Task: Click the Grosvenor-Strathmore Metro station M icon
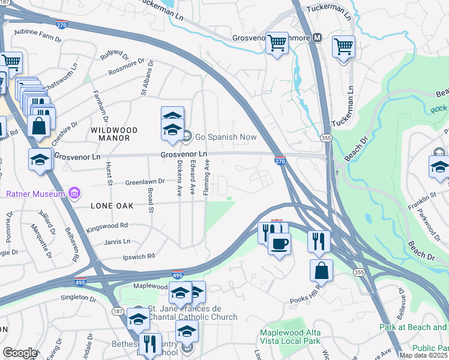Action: pos(317,37)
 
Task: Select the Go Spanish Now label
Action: pos(217,137)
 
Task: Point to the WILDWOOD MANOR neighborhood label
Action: pos(114,134)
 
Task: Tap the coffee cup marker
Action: pos(279,244)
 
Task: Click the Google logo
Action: pos(19,353)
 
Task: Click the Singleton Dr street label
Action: pos(78,298)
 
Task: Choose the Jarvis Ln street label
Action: pos(118,241)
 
